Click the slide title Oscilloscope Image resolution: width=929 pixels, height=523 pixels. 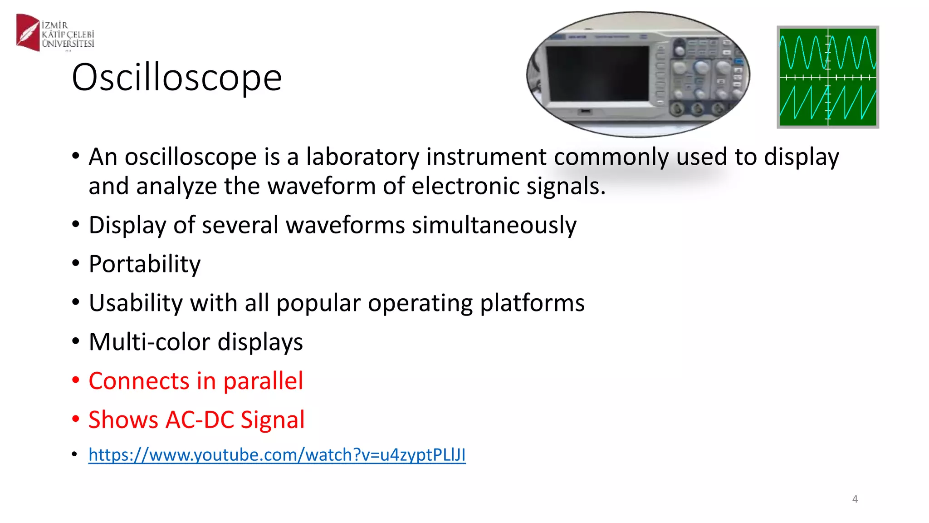(177, 77)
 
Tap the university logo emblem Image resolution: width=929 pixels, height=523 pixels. (28, 32)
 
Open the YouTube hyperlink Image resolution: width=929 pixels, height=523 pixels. (277, 455)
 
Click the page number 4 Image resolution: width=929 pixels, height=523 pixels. (855, 499)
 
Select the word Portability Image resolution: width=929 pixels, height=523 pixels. (144, 264)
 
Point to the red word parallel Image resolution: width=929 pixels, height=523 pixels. (263, 380)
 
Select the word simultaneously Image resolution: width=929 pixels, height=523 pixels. (494, 225)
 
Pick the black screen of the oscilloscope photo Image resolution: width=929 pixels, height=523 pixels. (598, 73)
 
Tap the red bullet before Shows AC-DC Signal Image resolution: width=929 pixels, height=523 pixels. (76, 419)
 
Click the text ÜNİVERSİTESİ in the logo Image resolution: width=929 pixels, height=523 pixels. (68, 44)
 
